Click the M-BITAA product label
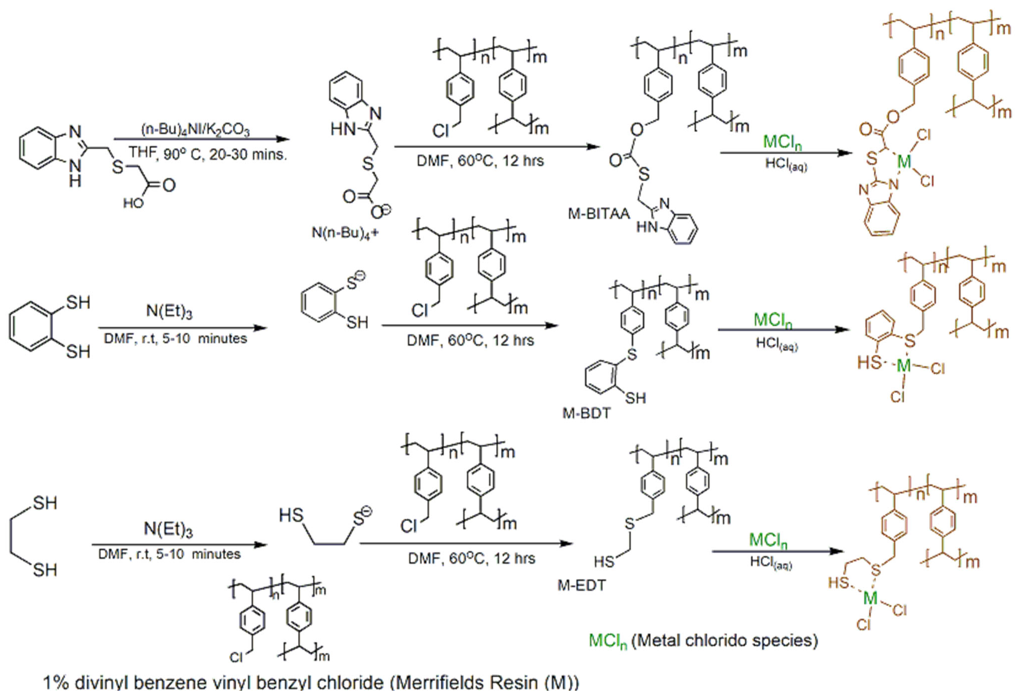tap(598, 214)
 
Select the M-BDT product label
tap(586, 413)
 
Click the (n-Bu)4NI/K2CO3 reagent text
tap(196, 130)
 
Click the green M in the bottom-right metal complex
tap(870, 598)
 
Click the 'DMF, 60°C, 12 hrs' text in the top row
tap(480, 161)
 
